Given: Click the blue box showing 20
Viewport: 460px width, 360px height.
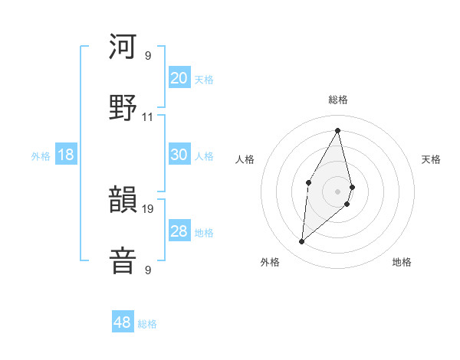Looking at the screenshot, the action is pos(179,78).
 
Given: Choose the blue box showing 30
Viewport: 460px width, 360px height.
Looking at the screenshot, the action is pos(179,155).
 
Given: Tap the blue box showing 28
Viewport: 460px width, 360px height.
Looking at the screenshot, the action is pos(179,231).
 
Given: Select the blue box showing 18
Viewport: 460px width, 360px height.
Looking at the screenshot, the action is pos(66,155).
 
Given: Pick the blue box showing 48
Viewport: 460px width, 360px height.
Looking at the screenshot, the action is pos(123,322).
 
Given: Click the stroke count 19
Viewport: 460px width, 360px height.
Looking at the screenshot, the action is pos(148,208).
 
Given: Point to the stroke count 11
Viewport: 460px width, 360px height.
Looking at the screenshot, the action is pos(148,116).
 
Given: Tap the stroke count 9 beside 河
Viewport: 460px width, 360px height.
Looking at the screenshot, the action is pos(148,55).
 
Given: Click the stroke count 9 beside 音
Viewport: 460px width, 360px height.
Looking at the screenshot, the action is pos(148,270).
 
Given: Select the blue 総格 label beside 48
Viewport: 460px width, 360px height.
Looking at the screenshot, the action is pos(147,324).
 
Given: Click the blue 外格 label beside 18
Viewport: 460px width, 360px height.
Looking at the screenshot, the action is pos(41,155).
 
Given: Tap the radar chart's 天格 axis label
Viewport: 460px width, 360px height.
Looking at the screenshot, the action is pos(431,159).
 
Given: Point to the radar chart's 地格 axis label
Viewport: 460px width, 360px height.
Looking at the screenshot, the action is pos(402,262).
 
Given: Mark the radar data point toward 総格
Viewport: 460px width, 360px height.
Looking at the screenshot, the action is pos(338,129).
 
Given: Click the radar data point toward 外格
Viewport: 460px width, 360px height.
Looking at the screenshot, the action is pos(302,242).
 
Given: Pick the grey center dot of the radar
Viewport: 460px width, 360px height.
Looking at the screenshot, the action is pos(338,191).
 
